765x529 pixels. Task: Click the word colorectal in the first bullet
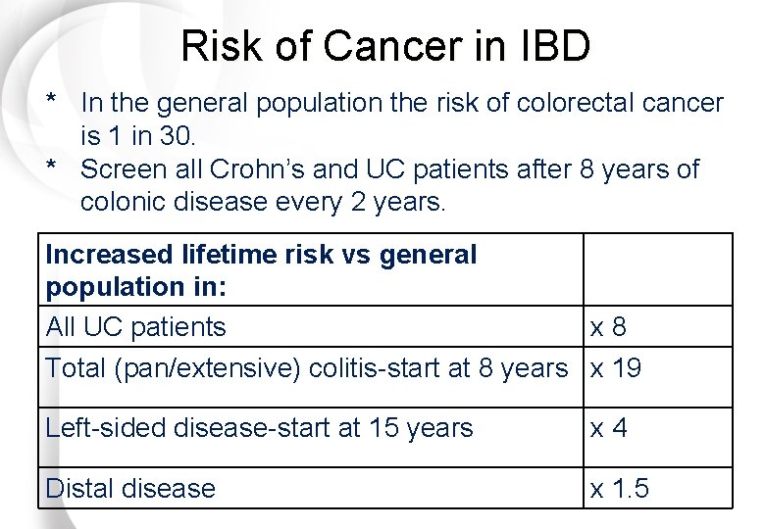550,102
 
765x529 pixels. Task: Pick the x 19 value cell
615,368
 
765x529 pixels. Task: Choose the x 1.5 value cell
619,488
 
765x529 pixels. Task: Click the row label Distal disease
130,488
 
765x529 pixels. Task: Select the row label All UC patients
135,327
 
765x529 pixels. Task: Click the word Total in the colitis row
76,368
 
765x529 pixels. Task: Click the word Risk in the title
218,46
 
